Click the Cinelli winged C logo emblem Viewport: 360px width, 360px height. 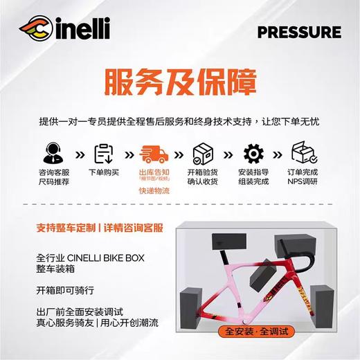click(x=35, y=31)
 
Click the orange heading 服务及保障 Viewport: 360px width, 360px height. click(x=179, y=83)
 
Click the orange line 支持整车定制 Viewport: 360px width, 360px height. click(x=67, y=226)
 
